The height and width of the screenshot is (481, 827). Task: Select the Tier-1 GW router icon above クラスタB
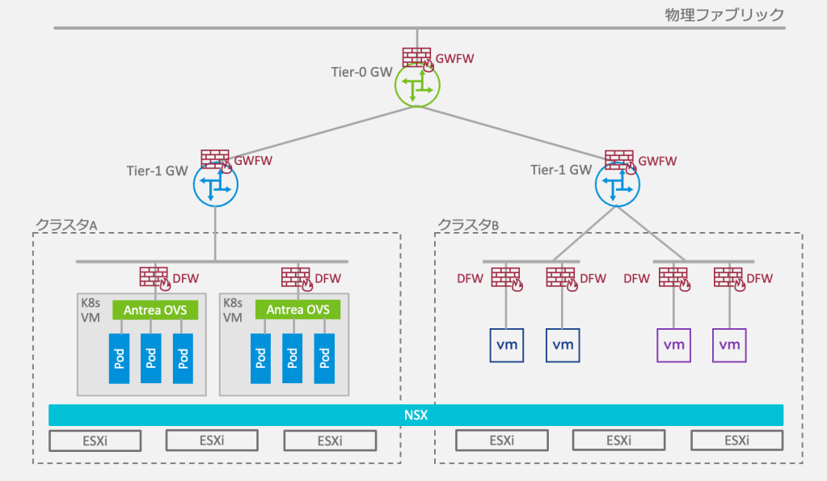[616, 187]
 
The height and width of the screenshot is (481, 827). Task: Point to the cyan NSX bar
[416, 416]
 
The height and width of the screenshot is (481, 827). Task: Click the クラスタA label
[66, 224]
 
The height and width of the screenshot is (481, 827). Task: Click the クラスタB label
[468, 224]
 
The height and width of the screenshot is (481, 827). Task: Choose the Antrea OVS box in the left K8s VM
[150, 310]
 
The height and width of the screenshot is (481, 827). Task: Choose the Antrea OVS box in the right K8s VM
[297, 310]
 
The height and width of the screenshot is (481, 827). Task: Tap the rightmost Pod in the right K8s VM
[324, 358]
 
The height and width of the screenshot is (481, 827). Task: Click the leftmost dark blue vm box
[507, 345]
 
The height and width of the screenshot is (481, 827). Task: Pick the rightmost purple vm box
[729, 345]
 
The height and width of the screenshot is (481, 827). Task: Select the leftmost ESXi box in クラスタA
[95, 441]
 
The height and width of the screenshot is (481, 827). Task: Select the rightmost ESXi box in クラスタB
[736, 441]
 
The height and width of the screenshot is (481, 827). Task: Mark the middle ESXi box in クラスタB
[618, 441]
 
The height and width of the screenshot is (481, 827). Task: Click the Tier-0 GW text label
[361, 72]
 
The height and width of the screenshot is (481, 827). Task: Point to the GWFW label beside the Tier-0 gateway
[455, 59]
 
